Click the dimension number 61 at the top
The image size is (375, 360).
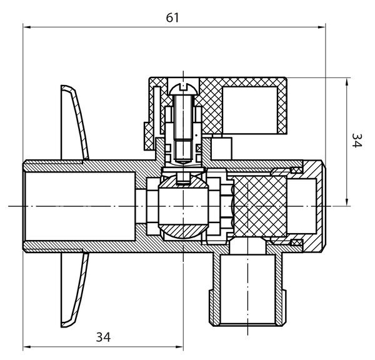172,17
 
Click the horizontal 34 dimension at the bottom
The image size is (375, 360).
103,337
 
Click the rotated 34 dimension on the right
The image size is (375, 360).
357,141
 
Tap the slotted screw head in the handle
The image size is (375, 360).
183,89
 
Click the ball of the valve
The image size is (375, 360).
183,206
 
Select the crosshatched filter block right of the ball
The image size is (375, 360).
260,206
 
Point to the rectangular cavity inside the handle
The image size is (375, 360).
250,110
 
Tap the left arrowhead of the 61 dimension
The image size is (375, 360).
27,27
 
